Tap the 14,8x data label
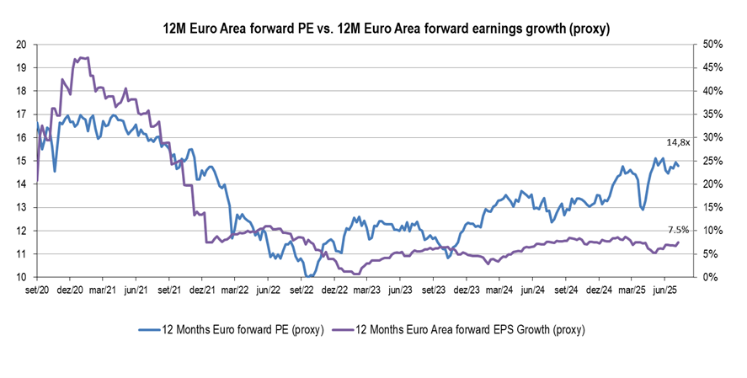pos(678,143)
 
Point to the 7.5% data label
pos(678,229)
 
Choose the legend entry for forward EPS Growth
pos(460,329)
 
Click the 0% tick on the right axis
pos(702,277)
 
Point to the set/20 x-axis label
pos(38,290)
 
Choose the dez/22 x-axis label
pos(334,290)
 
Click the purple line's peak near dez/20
pos(83,58)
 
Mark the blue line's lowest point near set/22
pos(310,276)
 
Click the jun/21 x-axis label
pos(136,290)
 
